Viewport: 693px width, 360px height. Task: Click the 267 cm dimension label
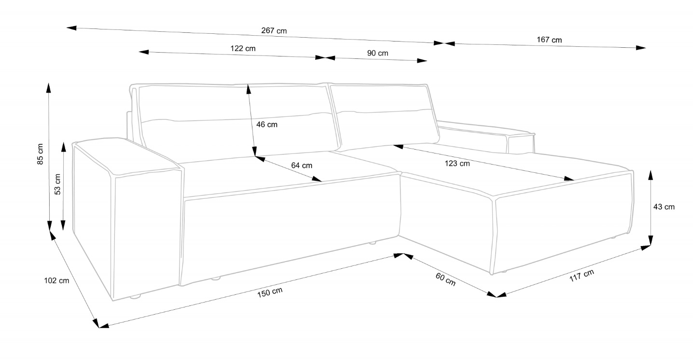tap(274, 30)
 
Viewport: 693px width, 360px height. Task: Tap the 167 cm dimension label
tap(549, 40)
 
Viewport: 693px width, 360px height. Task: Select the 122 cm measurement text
tap(243, 48)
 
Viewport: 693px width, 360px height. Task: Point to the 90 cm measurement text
tap(377, 53)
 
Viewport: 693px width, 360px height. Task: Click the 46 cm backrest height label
tap(266, 125)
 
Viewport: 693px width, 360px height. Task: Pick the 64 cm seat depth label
tap(302, 165)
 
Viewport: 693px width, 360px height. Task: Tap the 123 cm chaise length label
tap(457, 164)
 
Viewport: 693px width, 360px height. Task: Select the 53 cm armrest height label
tap(57, 184)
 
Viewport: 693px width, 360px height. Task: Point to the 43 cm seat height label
tap(664, 207)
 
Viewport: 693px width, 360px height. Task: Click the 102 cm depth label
tap(56, 281)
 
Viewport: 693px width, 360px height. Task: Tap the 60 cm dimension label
tap(445, 279)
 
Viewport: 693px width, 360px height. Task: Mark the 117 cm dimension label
tap(581, 276)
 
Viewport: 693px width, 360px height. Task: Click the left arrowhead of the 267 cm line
tap(71, 28)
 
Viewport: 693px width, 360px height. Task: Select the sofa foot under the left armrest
tap(135, 296)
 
